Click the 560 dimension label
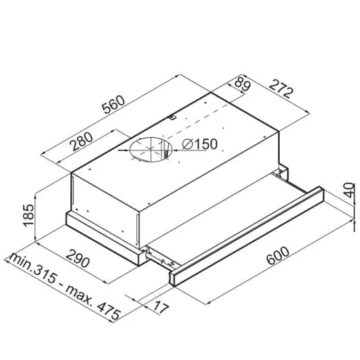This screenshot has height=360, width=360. click(114, 104)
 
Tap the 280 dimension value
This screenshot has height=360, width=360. click(82, 142)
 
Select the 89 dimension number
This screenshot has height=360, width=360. click(242, 83)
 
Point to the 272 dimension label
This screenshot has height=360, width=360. click(281, 89)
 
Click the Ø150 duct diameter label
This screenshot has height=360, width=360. click(200, 144)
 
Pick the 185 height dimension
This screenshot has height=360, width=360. click(28, 215)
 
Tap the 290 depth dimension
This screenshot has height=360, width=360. click(77, 258)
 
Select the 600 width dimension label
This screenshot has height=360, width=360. click(278, 255)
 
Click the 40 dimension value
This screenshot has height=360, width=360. click(349, 190)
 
